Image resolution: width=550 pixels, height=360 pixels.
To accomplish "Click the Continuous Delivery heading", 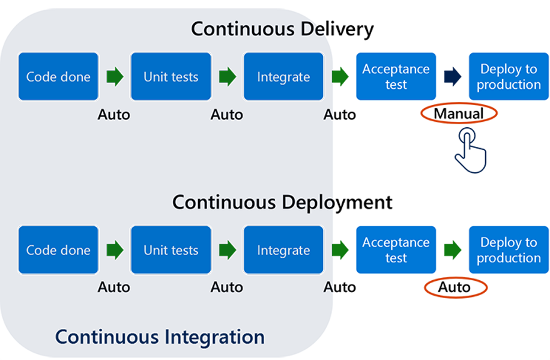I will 282,29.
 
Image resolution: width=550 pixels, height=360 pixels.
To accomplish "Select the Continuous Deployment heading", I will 282,202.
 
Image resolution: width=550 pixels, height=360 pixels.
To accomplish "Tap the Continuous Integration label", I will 160,337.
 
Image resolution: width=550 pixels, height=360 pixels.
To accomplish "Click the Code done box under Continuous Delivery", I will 58,77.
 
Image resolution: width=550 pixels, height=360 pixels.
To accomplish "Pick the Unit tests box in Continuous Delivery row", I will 171,77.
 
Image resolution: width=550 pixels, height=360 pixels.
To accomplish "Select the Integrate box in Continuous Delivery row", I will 283,77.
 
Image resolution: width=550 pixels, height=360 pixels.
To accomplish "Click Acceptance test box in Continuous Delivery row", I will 396,77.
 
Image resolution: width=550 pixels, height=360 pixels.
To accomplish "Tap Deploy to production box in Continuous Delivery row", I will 509,77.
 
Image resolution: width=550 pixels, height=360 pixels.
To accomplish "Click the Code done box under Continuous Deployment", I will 58,250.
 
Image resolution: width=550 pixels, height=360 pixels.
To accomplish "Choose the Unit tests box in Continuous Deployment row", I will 171,250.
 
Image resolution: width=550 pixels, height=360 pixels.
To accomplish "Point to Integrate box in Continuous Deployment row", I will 283,250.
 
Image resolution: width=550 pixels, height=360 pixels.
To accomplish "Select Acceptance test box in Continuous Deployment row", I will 396,250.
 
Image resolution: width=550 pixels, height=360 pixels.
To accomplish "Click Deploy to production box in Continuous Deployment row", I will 509,250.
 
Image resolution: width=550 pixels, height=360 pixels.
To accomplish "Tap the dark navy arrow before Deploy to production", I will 452,77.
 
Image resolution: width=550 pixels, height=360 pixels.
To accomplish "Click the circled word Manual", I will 459,113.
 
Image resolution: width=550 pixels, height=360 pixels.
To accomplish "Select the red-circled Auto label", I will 455,287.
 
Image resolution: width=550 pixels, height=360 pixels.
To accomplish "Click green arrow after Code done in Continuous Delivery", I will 115,77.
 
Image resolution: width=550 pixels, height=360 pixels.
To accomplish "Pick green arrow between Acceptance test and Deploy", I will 452,250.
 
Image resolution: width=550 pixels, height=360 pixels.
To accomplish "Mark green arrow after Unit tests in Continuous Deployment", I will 227,250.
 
